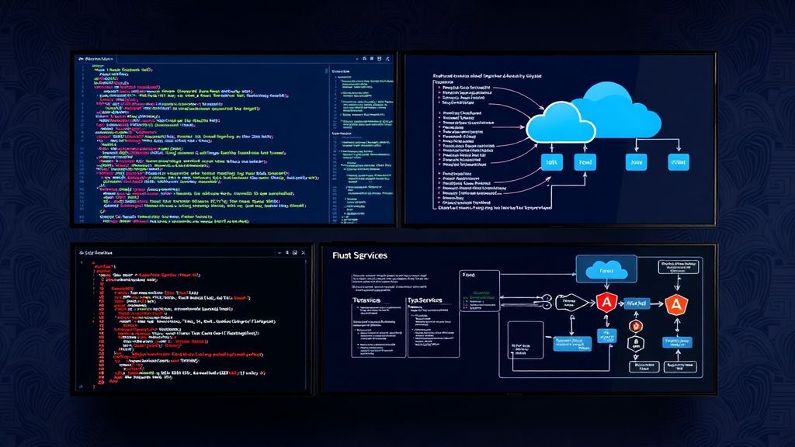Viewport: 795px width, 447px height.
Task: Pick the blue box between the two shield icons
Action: [637, 303]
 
